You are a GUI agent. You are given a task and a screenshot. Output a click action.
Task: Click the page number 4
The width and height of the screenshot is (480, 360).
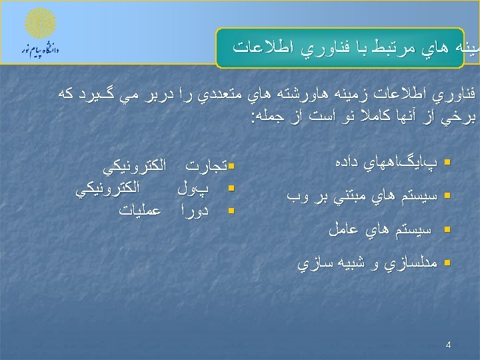click(x=448, y=345)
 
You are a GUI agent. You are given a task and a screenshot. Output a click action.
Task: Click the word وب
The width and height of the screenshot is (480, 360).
click(x=297, y=196)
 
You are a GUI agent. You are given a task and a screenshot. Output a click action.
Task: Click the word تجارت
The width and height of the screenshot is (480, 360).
click(x=206, y=164)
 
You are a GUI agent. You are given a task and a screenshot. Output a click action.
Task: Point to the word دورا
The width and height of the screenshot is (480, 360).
click(x=195, y=211)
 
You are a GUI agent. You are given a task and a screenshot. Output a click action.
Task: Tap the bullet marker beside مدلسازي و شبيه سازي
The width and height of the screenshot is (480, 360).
click(x=448, y=263)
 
